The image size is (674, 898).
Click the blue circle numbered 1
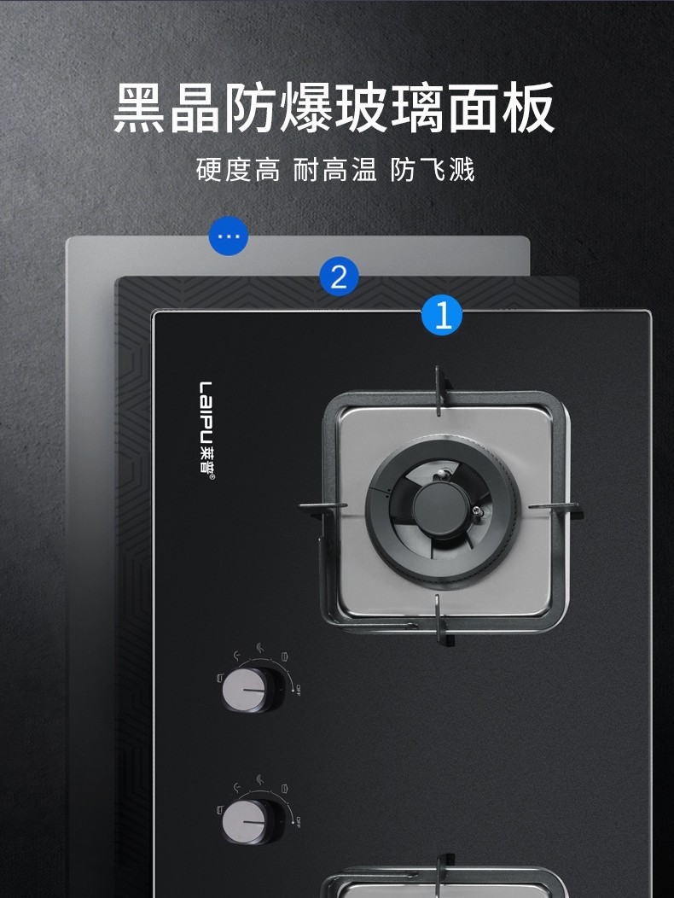[x=442, y=316]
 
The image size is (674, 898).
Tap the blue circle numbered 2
[x=339, y=277]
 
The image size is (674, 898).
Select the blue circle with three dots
[x=229, y=236]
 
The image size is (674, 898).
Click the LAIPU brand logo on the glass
[x=207, y=430]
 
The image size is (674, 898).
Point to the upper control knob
[x=252, y=689]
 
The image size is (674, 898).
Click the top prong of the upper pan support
[x=439, y=391]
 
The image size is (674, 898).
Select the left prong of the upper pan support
[x=322, y=507]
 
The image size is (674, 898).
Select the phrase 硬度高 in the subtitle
[x=238, y=169]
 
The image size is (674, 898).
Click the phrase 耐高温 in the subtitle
[x=335, y=169]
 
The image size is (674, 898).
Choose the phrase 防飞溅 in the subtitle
[x=433, y=169]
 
